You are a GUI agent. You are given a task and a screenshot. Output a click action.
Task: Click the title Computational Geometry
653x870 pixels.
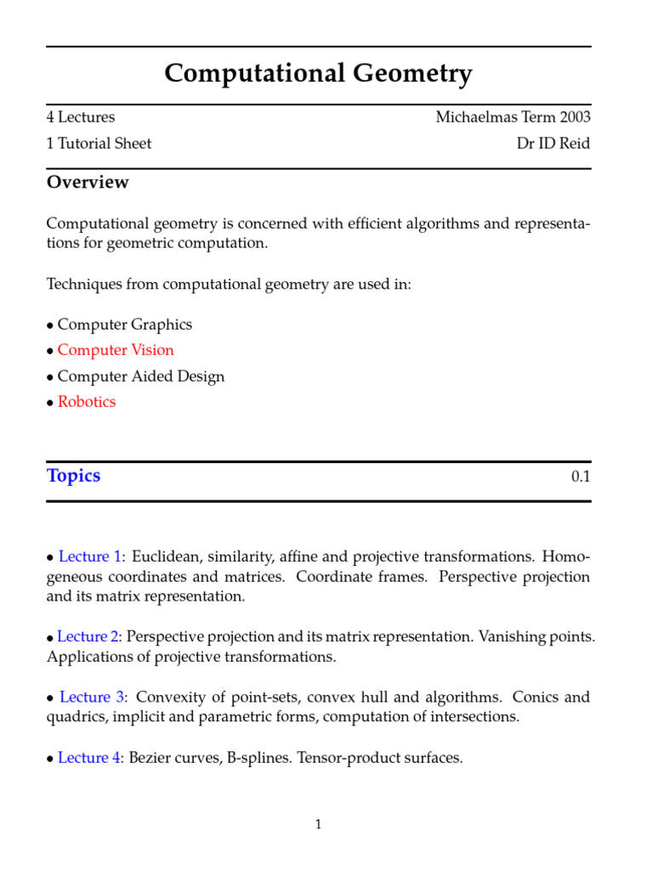tap(318, 75)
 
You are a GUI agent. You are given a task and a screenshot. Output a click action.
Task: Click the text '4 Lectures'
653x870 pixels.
tap(81, 117)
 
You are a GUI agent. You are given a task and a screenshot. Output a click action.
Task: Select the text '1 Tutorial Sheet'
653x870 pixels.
tap(99, 143)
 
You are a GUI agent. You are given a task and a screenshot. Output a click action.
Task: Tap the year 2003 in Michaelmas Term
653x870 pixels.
tap(573, 117)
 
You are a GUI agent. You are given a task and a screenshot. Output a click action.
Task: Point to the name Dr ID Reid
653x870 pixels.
tap(553, 143)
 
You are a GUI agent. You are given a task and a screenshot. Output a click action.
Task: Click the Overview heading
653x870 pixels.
tap(88, 182)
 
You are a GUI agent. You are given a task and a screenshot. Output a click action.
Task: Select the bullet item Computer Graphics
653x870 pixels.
tap(124, 325)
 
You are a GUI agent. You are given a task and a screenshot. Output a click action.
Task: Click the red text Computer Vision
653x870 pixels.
tap(116, 350)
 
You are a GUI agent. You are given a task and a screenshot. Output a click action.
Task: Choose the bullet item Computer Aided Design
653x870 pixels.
tap(140, 376)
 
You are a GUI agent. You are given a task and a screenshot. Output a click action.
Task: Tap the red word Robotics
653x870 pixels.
tap(87, 402)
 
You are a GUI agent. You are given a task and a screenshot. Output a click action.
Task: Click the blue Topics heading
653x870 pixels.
tap(73, 476)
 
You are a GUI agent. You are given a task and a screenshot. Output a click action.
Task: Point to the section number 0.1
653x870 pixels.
tap(581, 477)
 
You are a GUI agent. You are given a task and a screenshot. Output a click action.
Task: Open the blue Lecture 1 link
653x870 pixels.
tap(89, 557)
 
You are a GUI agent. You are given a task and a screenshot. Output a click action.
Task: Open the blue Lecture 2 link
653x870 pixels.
tap(88, 636)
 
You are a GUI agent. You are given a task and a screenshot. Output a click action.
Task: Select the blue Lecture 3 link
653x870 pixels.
tap(91, 698)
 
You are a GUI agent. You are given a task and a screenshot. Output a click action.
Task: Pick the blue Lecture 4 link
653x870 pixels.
tap(89, 758)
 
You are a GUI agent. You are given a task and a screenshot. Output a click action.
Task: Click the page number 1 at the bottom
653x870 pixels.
tap(318, 824)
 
